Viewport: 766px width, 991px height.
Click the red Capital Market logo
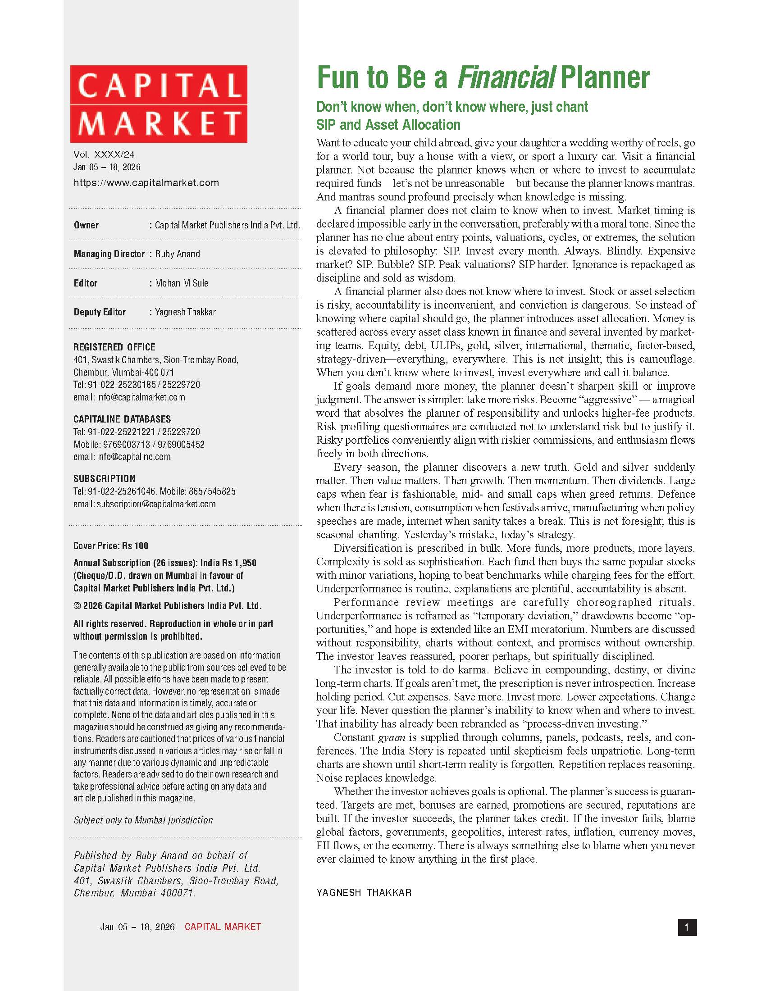click(158, 104)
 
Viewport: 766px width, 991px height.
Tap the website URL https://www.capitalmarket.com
click(146, 183)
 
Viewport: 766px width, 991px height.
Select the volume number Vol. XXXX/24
click(104, 155)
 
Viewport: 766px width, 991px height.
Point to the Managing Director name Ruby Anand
click(178, 254)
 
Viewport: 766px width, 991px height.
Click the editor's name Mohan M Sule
click(182, 283)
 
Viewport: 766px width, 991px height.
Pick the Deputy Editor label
click(100, 312)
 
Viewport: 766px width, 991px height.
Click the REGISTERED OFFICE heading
click(114, 347)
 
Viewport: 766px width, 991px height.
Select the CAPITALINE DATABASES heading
click(122, 419)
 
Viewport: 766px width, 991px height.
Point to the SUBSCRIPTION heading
click(105, 479)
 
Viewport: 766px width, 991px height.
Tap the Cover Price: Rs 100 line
click(111, 546)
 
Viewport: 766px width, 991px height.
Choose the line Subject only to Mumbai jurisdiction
click(143, 820)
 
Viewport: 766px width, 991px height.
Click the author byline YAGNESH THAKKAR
click(364, 892)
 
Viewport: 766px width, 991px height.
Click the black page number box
click(687, 927)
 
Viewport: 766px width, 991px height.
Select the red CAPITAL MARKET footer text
click(222, 927)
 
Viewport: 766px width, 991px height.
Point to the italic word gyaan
click(391, 738)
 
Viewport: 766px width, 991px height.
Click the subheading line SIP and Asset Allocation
click(388, 125)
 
